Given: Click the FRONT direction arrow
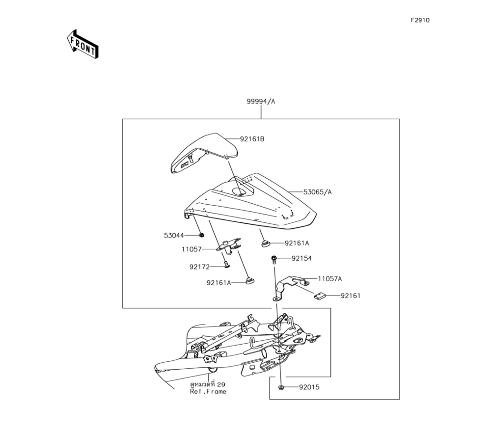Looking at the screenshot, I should click(x=82, y=44).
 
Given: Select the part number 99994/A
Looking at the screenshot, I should click(x=261, y=102).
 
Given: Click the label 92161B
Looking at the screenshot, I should click(x=252, y=139).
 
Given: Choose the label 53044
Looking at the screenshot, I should click(x=174, y=236).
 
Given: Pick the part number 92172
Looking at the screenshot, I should click(x=199, y=267).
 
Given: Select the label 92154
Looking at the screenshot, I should click(x=301, y=258).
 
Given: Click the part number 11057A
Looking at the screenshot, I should click(x=329, y=279).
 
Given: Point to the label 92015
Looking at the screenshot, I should click(x=309, y=387).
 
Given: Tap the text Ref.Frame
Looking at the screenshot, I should click(x=208, y=392).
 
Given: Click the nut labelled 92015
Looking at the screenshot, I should click(x=281, y=388).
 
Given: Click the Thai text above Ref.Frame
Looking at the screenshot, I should click(x=208, y=384).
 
